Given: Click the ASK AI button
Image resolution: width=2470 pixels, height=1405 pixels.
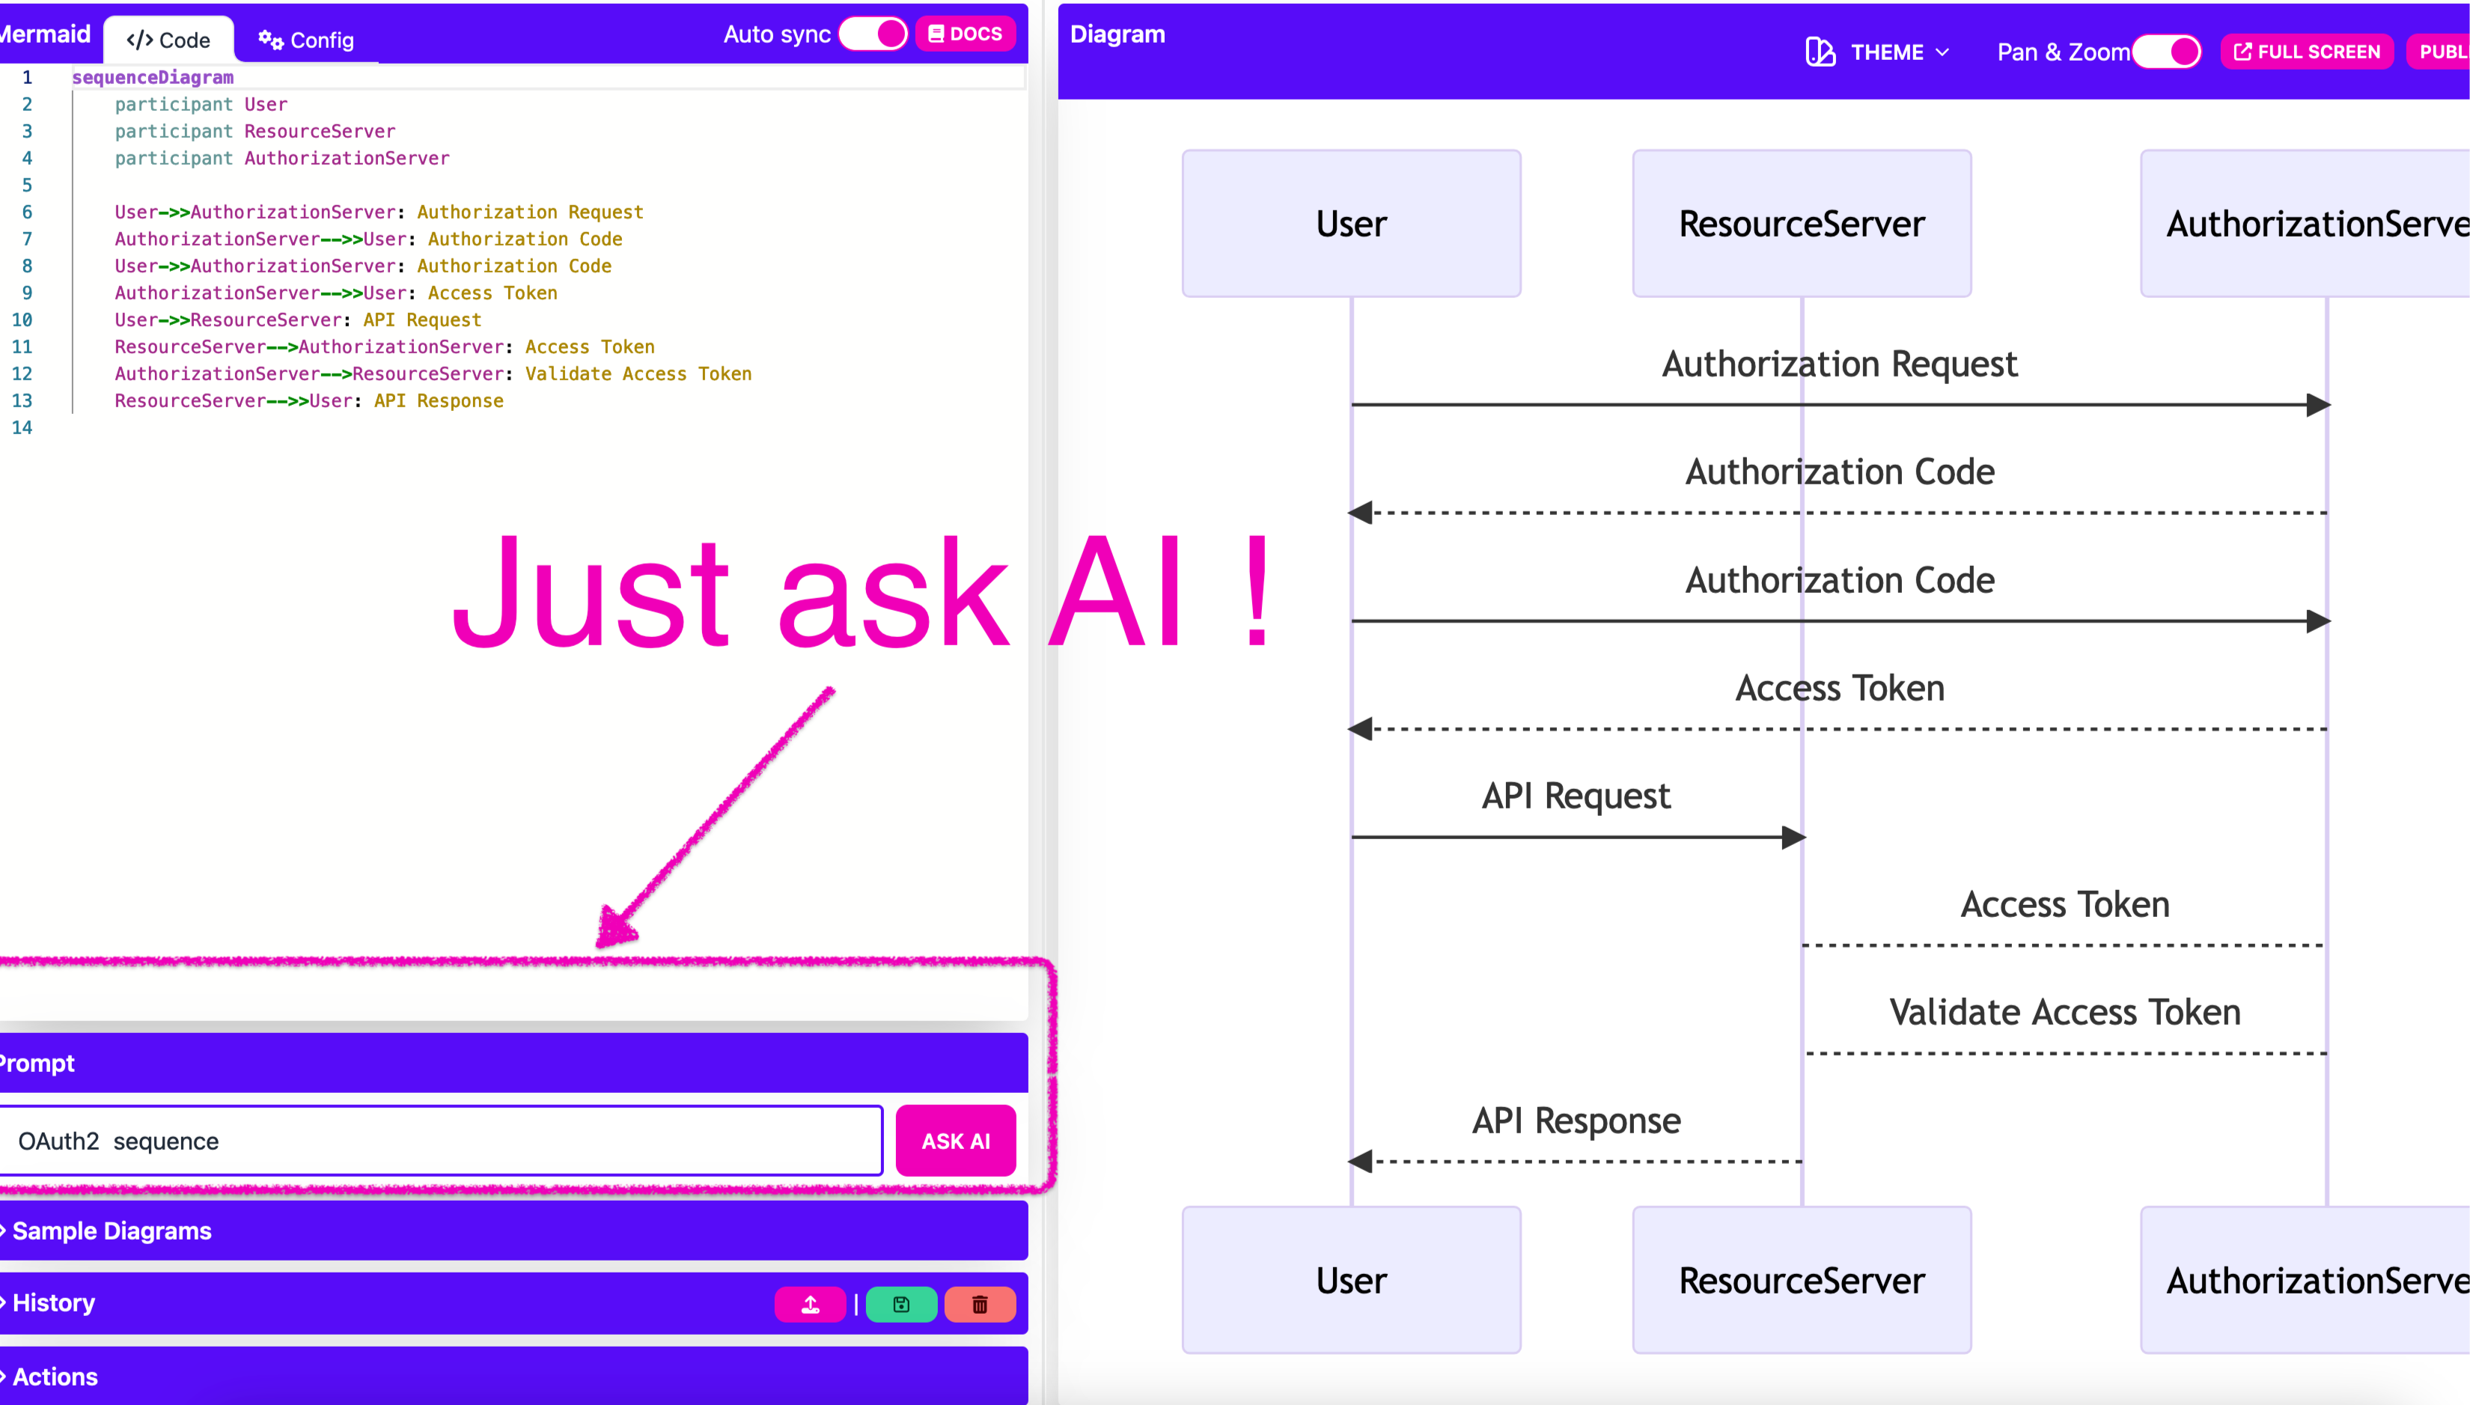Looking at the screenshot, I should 955,1141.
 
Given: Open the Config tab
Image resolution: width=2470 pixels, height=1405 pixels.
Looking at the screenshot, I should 306,40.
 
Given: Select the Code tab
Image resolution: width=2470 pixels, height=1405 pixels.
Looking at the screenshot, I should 169,40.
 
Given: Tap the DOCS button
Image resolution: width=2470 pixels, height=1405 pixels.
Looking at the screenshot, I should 965,34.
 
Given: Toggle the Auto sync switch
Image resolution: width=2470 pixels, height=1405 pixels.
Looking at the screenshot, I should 873,34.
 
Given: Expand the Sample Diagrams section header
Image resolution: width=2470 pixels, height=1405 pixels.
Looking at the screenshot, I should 112,1231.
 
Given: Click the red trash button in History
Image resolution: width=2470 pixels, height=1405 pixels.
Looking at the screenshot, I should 979,1305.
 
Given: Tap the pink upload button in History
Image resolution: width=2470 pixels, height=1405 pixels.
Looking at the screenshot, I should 811,1305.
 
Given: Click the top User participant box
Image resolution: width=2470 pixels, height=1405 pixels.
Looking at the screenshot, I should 1351,224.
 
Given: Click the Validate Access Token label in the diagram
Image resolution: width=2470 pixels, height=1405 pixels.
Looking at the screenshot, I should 2065,1012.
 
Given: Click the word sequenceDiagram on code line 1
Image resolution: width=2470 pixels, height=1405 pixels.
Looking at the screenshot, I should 153,77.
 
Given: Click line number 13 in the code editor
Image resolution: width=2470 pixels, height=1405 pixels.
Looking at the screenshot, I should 22,400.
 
